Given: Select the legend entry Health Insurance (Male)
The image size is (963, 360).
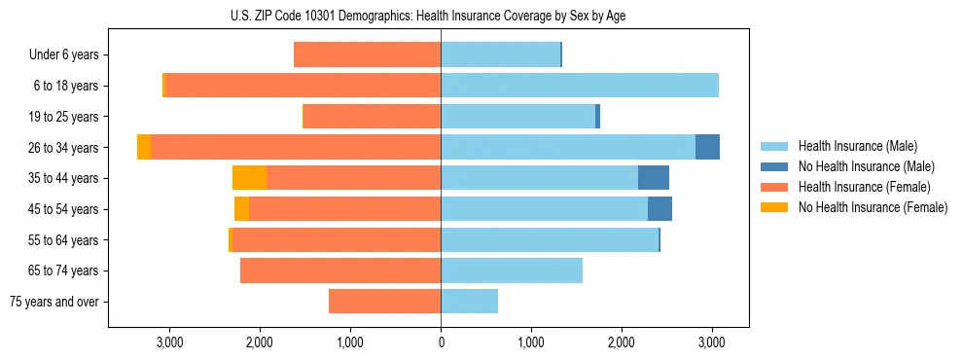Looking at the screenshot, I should (856, 146).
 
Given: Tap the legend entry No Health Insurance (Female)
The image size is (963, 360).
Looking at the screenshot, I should (871, 207).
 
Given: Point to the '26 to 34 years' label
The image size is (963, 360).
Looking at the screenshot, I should (65, 148).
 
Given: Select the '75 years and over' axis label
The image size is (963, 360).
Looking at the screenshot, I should (54, 302).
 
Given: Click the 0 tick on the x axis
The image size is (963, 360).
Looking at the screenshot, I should (441, 342).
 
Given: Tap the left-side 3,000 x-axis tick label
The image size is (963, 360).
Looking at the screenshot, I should (169, 342).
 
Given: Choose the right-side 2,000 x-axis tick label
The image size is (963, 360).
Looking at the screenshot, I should (622, 342).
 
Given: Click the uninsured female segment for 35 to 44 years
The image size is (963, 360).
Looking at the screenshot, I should (249, 178).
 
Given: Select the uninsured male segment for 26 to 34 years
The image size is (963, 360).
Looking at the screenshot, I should (707, 147).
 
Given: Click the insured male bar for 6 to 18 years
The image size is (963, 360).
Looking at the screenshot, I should (580, 86).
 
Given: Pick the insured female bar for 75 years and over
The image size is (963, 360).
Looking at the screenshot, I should (384, 302).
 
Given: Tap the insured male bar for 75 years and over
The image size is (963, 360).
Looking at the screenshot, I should (469, 302).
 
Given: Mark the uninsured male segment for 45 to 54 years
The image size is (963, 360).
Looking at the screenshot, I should (660, 209).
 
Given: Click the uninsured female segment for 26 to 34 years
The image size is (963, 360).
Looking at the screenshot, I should (144, 147).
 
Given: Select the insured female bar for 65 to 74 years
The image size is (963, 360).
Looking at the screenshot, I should (340, 270).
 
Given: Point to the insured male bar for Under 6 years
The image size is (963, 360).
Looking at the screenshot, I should (500, 55).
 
